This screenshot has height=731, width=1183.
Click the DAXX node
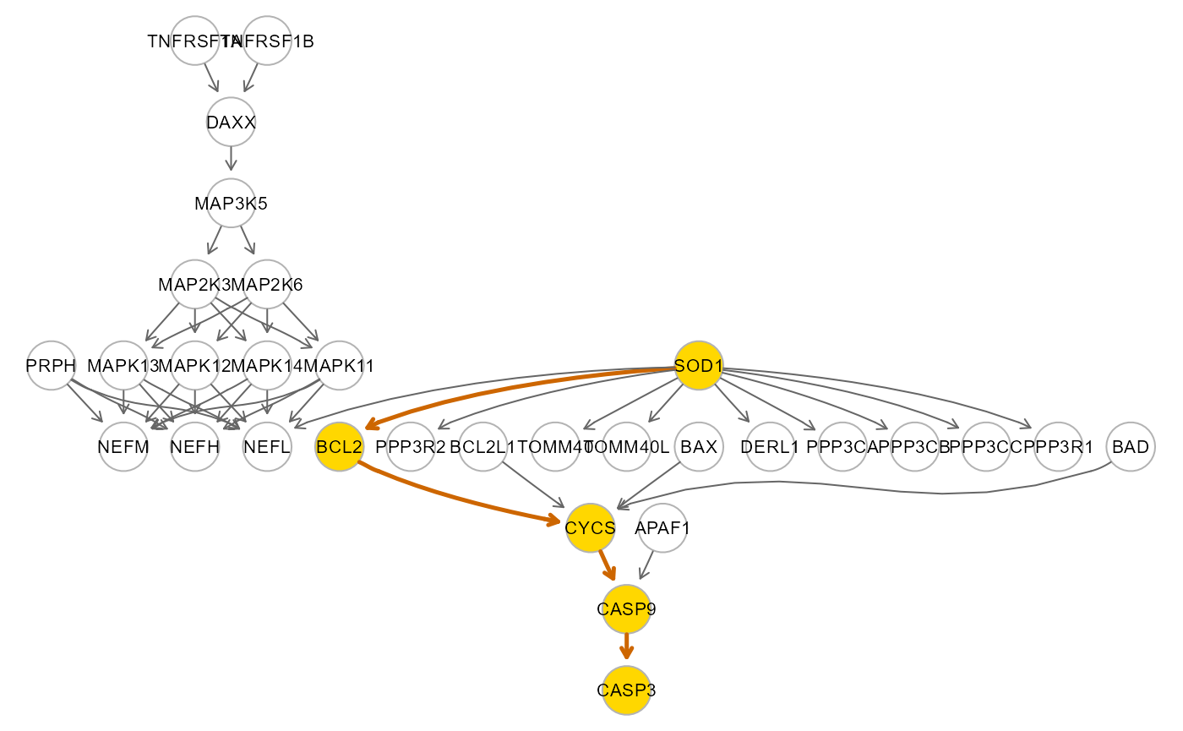coord(232,122)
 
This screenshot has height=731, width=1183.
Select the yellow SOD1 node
coord(699,365)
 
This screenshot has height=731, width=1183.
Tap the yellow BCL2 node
coord(339,447)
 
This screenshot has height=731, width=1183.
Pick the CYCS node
coord(591,528)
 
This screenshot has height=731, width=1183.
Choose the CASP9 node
coord(627,609)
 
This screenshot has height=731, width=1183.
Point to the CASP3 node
coord(627,690)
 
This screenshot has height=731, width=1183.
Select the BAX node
coord(699,447)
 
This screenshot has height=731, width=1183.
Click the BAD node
coord(1131,447)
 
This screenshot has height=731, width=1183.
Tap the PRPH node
coord(52,365)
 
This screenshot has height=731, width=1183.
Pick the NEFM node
coord(123,447)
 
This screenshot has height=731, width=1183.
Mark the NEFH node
coord(195,447)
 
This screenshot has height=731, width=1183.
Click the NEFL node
coord(267,447)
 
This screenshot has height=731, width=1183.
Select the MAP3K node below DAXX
coord(232,203)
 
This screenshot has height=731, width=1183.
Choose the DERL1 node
coord(771,447)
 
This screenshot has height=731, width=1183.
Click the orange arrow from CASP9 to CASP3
coord(627,647)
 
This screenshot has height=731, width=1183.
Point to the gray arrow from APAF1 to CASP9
coord(646,565)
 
